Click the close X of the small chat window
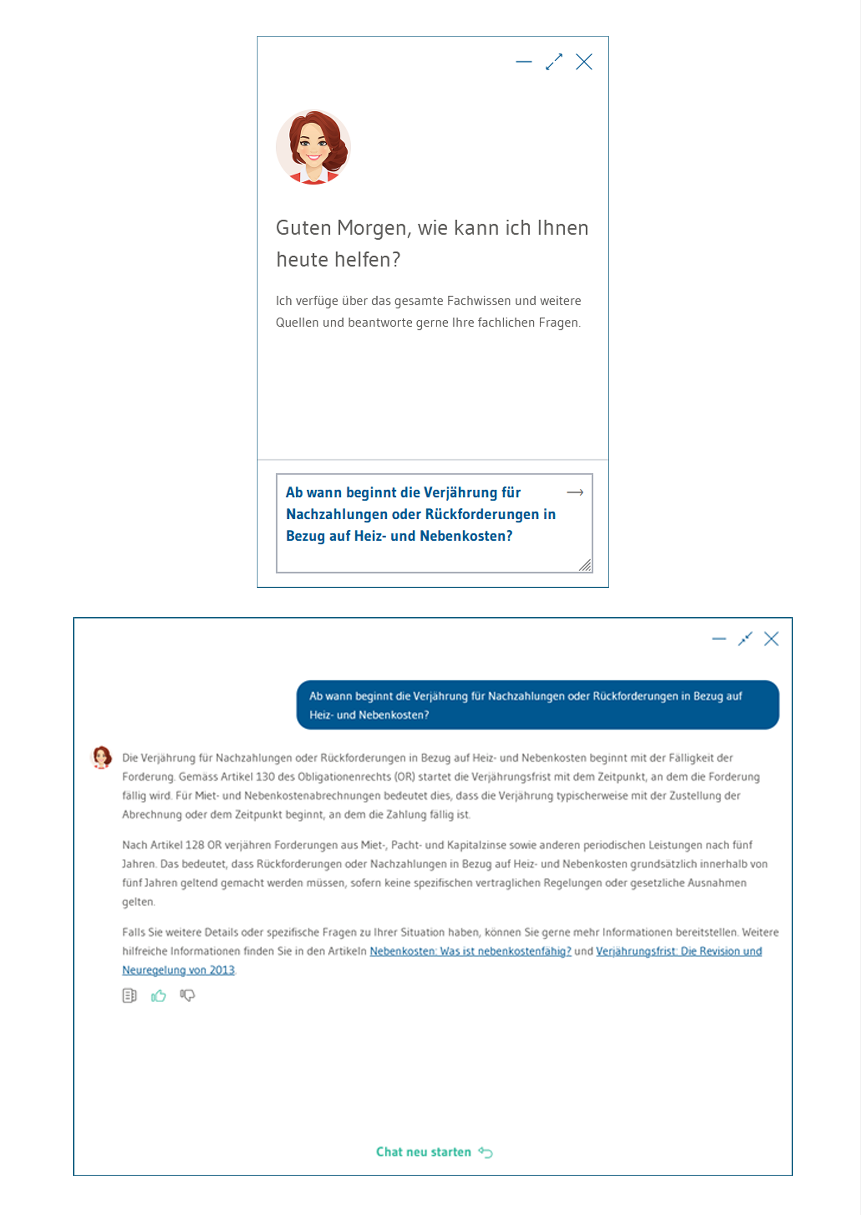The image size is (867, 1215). [x=584, y=62]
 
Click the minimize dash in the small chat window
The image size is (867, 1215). [x=524, y=62]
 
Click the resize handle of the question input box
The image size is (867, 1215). [x=585, y=565]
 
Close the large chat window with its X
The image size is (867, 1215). [x=771, y=639]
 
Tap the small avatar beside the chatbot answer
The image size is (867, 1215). [x=101, y=757]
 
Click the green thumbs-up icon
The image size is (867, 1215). [x=158, y=996]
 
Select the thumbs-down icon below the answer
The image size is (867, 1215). [x=187, y=996]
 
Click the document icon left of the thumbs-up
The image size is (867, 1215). [x=129, y=996]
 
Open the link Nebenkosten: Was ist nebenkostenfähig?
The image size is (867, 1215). [x=470, y=952]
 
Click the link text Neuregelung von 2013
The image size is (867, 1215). [x=178, y=970]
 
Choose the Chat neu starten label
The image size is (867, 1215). [x=423, y=1152]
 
